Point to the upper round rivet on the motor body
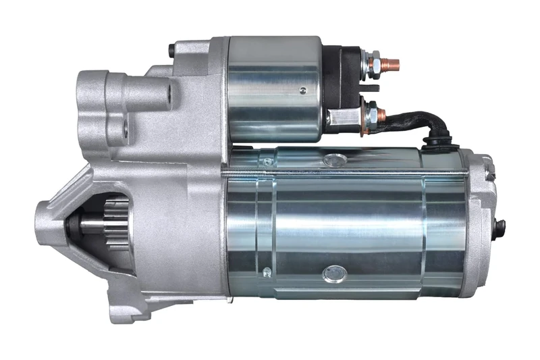pos(334,160)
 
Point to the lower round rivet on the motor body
pos(333,273)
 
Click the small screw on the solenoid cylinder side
pos(303,91)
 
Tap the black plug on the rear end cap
pos(500,228)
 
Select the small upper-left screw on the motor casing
pos(268,161)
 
